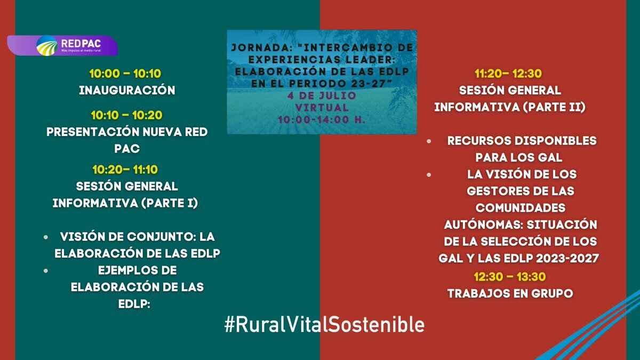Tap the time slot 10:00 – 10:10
(x=126, y=74)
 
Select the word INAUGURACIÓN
(x=127, y=91)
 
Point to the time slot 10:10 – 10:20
(x=127, y=115)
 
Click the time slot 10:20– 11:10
(x=125, y=170)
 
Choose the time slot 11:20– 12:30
(x=509, y=74)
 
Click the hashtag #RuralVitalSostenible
(x=324, y=324)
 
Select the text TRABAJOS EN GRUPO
(x=510, y=293)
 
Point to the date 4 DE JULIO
(x=322, y=95)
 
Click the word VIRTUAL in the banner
(x=322, y=107)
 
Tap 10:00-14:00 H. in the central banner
(x=322, y=119)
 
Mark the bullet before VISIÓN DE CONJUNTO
(x=47, y=236)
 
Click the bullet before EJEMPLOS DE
(x=47, y=270)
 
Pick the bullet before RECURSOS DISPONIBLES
(x=429, y=141)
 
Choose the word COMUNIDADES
(x=521, y=207)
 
